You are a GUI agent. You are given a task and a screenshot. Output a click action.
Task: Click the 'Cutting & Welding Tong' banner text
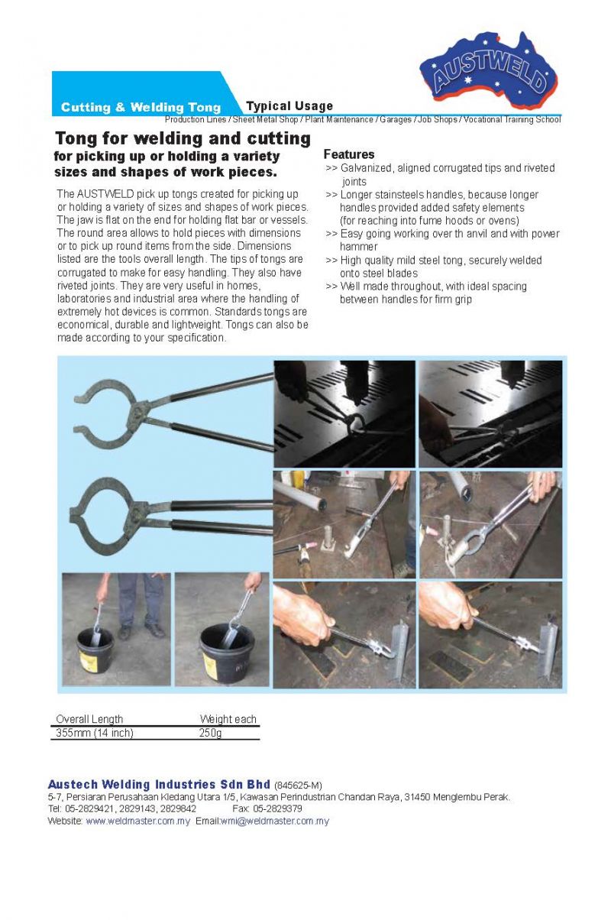[141, 108]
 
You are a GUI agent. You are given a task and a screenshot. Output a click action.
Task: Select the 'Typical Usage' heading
[289, 106]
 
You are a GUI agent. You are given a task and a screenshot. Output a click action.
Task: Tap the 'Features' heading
[349, 154]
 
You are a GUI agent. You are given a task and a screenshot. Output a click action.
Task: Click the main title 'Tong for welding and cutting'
[183, 138]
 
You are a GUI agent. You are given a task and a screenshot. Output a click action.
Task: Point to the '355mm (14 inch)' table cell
[95, 734]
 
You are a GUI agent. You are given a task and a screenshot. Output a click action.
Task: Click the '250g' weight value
[210, 734]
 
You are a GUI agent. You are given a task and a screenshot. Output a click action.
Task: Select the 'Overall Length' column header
[89, 719]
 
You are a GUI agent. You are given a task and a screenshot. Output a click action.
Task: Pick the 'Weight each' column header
[228, 719]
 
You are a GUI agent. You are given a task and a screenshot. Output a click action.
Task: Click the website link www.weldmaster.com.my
[137, 821]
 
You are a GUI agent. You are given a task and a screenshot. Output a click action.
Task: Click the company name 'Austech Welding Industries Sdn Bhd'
[159, 785]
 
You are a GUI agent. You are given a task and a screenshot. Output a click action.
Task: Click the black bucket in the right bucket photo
[227, 653]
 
